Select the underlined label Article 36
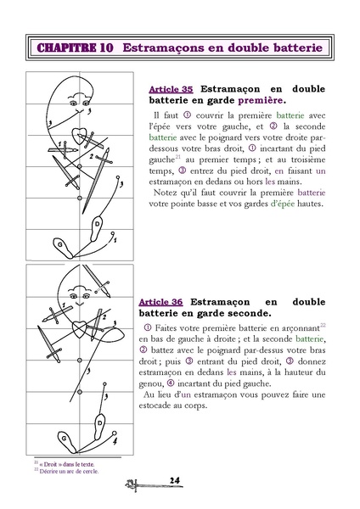tap(160, 300)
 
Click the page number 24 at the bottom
tap(173, 481)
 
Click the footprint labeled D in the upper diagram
tap(98, 227)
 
